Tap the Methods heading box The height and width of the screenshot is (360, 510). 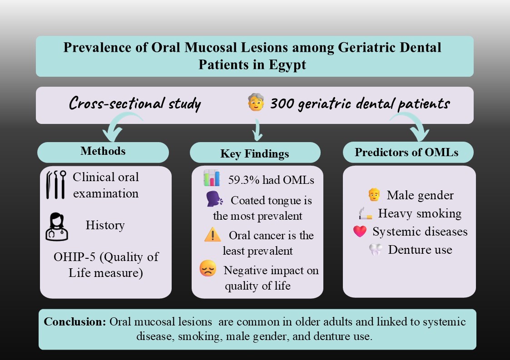tap(103, 152)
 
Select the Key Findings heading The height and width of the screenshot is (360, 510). tap(254, 154)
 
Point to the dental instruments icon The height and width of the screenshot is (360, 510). tap(56, 185)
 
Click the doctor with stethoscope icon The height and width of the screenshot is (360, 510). tap(56, 226)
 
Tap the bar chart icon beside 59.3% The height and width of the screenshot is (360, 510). tap(211, 178)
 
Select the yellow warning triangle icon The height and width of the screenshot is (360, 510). tap(212, 235)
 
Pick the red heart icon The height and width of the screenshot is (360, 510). tap(360, 232)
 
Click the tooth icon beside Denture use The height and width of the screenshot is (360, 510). tap(376, 250)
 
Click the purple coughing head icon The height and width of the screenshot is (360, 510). tap(213, 200)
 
